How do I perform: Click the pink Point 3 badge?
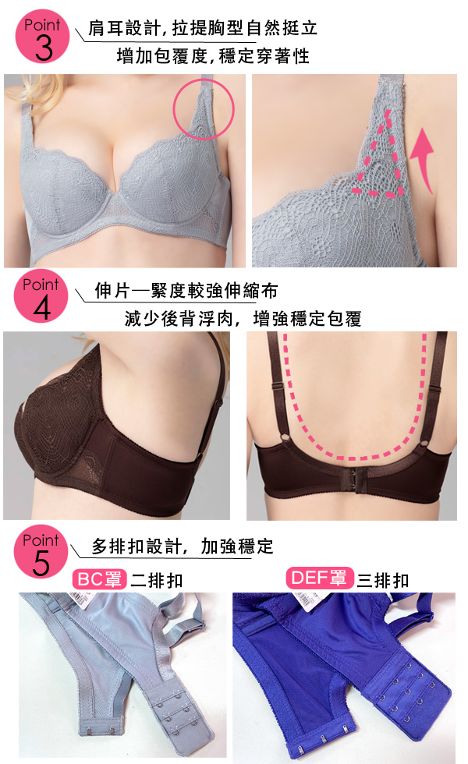pos(42,37)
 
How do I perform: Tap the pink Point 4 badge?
pos(41,295)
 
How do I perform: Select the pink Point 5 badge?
pos(41,551)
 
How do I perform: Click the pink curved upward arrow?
pos(423,158)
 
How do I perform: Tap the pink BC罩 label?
pos(100,579)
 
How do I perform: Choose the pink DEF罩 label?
pos(318,578)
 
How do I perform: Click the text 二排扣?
pos(157,580)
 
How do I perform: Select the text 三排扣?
pos(383,580)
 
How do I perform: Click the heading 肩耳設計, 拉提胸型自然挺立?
pos(203,28)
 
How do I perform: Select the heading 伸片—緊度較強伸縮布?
pos(186,291)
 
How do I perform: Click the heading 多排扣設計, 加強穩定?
pos(183,546)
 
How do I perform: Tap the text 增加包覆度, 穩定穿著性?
pos(213,56)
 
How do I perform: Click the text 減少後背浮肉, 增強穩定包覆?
pos(243,319)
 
